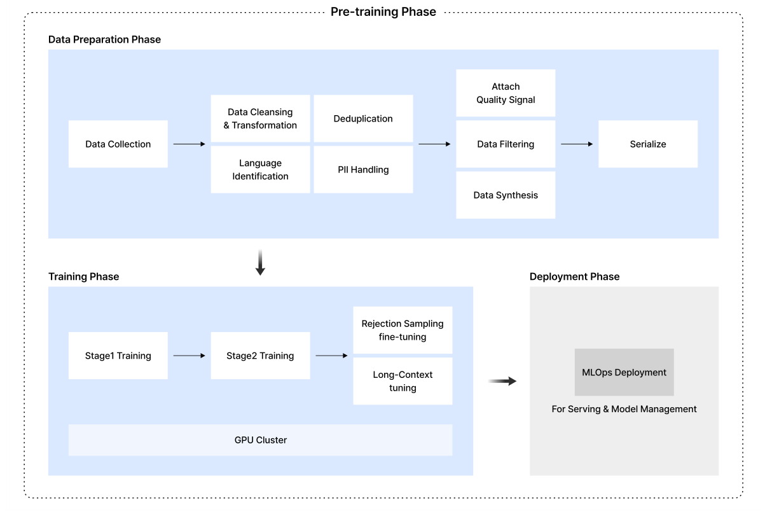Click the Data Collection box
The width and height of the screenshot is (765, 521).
coord(118,144)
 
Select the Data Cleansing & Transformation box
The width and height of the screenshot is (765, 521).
coord(260,119)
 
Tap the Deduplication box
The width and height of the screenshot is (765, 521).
coord(363,119)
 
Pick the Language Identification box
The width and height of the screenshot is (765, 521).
coord(260,170)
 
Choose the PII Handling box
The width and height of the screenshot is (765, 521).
coord(363,170)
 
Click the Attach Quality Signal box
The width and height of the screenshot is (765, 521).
coord(506,93)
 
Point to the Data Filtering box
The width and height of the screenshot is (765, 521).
coord(506,144)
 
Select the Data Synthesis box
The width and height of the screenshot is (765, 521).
coord(506,195)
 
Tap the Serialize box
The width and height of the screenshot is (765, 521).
coord(648,144)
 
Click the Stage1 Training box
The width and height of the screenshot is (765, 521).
coord(118,356)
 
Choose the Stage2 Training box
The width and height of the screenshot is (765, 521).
coord(260,356)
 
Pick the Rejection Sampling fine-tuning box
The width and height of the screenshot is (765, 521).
coord(403,330)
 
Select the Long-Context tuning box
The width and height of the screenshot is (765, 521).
coord(403,381)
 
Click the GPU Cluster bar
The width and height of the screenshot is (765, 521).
coord(260,440)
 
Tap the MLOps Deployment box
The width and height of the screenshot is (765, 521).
coord(624,372)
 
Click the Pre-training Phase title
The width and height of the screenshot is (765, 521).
coord(383,12)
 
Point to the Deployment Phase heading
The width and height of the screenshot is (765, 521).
coord(574,277)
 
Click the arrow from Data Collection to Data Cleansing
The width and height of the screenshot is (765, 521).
coord(190,144)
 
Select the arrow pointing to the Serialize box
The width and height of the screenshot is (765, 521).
coord(577,144)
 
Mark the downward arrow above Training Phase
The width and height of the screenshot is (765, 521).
coord(260,263)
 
